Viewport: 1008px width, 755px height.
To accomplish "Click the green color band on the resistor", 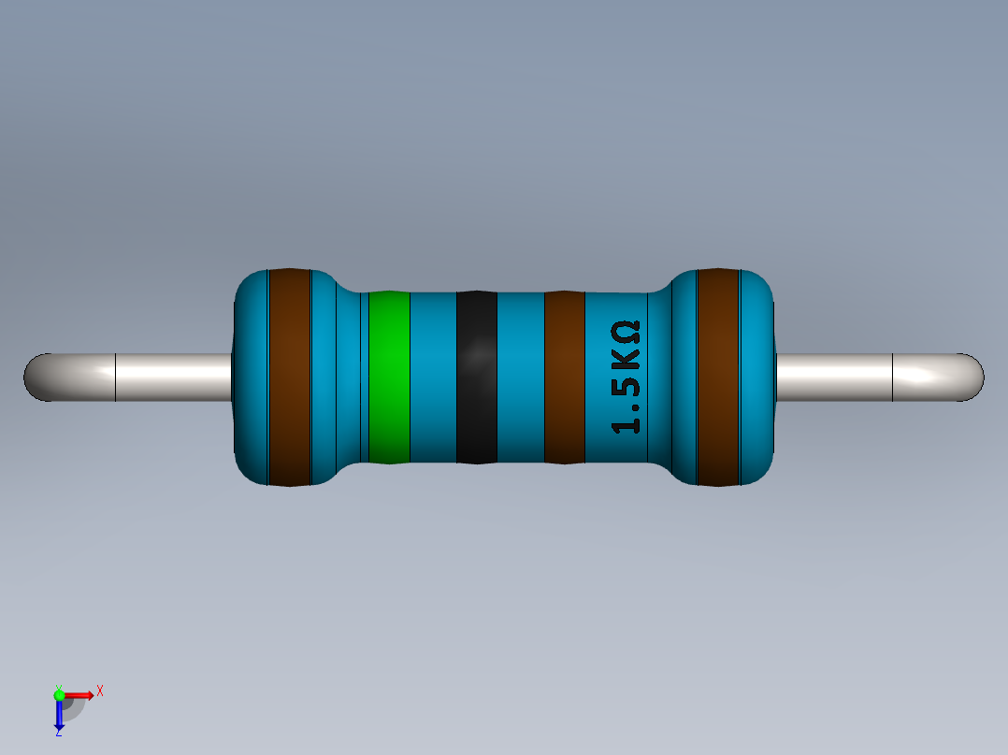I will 389,377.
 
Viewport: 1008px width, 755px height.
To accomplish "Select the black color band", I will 476,377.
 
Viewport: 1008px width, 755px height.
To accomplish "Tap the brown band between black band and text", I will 564,377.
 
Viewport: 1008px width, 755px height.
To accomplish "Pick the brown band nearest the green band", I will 289,377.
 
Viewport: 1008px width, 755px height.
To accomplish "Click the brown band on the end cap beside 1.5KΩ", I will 718,377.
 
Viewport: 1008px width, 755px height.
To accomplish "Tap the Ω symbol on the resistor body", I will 626,331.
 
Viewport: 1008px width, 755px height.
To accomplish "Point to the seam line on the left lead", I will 115,377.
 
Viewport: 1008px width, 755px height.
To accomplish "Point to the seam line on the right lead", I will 893,377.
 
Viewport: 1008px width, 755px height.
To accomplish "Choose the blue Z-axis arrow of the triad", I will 59,718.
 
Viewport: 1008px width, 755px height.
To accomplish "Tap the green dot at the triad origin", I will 59,694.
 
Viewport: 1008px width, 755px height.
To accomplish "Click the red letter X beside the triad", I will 99,691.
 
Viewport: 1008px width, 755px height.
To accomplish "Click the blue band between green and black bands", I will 433,377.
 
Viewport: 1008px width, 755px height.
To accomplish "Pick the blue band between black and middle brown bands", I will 520,377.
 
